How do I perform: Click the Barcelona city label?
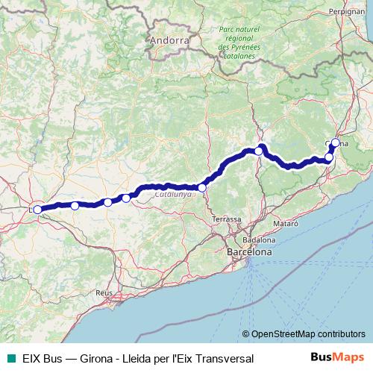[249, 253]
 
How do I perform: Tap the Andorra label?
[169, 39]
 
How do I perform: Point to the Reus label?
[103, 293]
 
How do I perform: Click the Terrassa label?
[226, 219]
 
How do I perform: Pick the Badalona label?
[260, 240]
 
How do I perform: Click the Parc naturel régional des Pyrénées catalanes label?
[237, 42]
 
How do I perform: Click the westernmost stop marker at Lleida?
[37, 210]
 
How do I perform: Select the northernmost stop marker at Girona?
[336, 142]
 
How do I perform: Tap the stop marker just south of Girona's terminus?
[329, 157]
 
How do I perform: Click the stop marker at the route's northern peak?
[259, 151]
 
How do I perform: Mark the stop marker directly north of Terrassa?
[202, 187]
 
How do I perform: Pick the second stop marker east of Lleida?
[108, 202]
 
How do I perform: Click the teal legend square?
[7, 359]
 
